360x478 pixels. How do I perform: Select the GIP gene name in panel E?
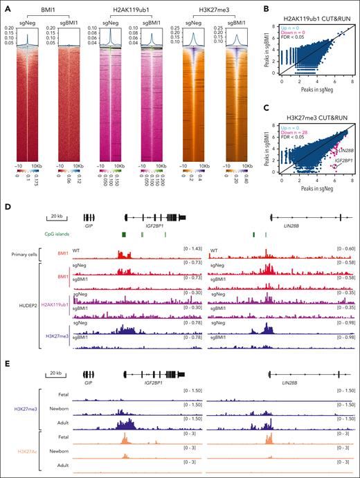[87, 383]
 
